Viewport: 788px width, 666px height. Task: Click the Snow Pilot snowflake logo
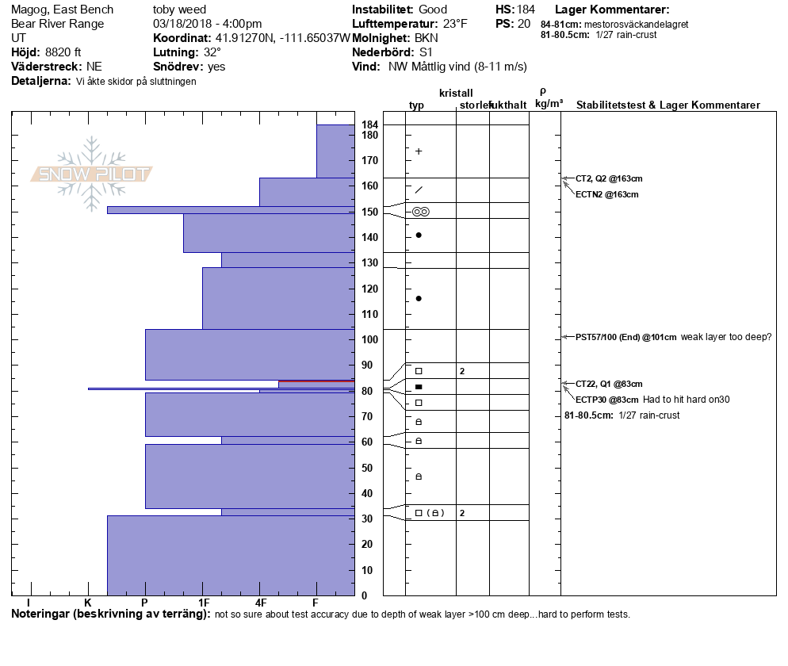(92, 174)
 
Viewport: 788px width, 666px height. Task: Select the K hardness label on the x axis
(88, 603)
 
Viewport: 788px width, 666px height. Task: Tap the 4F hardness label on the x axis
(260, 603)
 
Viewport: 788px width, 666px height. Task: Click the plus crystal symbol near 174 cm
(419, 151)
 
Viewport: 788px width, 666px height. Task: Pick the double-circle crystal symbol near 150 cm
(421, 212)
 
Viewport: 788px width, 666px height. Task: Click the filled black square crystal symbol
(419, 387)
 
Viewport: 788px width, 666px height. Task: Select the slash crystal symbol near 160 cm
(419, 189)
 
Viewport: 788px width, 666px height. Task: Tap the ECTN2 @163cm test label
(607, 194)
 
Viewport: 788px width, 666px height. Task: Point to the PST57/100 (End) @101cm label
(626, 337)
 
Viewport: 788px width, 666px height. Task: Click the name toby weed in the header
(179, 10)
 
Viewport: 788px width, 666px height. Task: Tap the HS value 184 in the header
(526, 10)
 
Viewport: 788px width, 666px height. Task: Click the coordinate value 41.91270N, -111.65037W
(282, 38)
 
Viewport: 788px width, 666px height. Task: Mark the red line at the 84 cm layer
(316, 381)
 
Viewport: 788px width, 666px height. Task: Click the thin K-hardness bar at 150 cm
(231, 210)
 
